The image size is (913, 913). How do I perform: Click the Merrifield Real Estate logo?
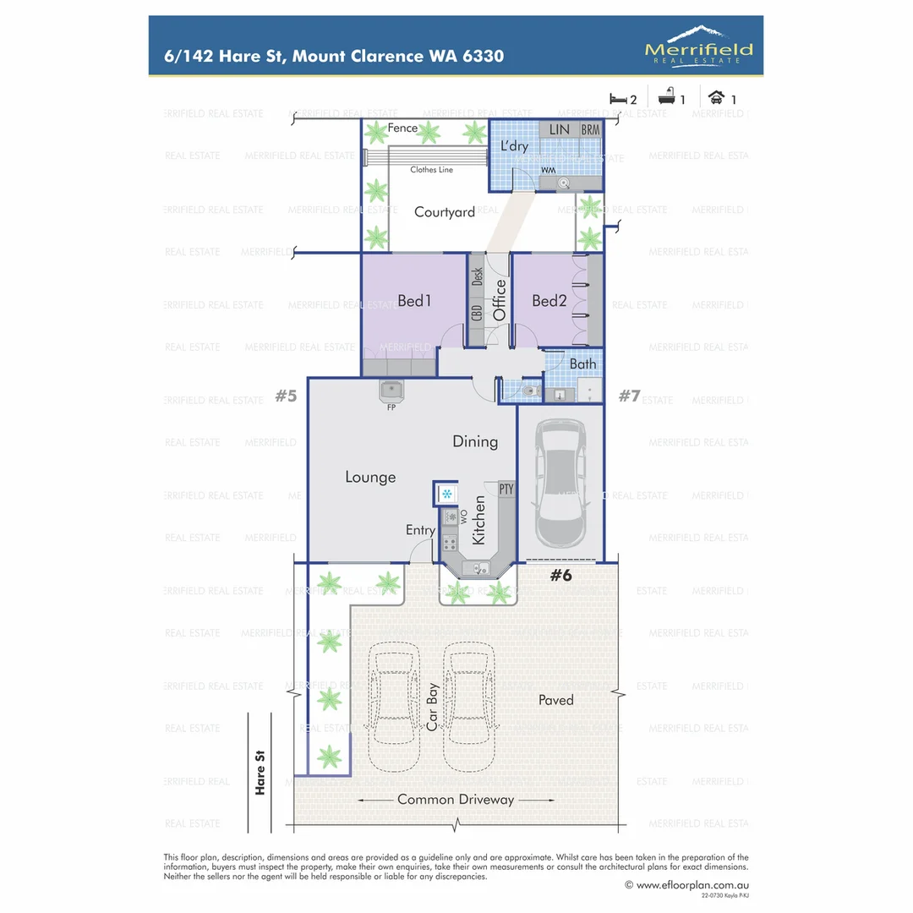coord(698,45)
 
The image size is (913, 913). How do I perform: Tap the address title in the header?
coord(334,57)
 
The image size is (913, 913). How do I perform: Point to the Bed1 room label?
coord(415,300)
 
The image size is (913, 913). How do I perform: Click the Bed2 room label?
coord(549,300)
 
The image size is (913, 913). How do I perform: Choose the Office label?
coord(499,300)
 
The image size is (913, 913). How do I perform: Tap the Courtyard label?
coord(444,212)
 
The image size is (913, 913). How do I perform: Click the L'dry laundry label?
coord(514,146)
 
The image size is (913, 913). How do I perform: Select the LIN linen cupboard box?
coord(560,129)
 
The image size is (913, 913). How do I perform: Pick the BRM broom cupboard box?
coord(590,129)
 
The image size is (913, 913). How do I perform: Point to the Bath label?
coord(582,364)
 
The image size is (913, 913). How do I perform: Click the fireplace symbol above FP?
coord(391,391)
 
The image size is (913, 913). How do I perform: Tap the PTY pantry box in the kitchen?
coord(506,489)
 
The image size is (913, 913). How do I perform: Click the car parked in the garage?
coord(560,483)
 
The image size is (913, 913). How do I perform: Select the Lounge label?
coord(370,477)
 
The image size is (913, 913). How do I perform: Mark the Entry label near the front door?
coord(420,530)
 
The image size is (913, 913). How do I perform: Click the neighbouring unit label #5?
coord(286,395)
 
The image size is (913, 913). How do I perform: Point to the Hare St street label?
coord(260,774)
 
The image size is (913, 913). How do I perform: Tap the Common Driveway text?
coord(456,799)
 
